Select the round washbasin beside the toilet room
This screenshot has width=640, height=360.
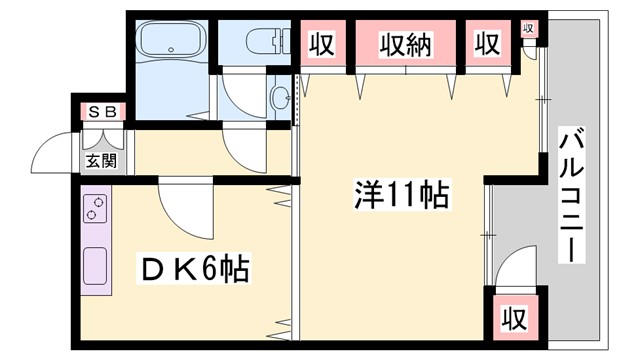pyautogui.click(x=280, y=98)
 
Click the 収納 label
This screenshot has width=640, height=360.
pyautogui.click(x=405, y=45)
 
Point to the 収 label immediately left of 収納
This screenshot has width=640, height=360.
pyautogui.click(x=320, y=45)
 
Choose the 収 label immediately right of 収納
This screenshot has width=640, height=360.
pyautogui.click(x=487, y=45)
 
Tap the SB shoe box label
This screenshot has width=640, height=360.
pyautogui.click(x=98, y=111)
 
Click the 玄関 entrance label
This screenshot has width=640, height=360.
pyautogui.click(x=99, y=160)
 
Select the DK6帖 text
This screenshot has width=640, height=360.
pyautogui.click(x=194, y=268)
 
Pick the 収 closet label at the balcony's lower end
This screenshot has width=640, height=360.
pyautogui.click(x=513, y=319)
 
